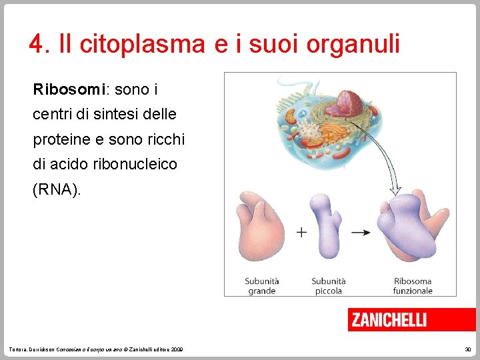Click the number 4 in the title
point(36,45)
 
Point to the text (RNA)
point(57,190)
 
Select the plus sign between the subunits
point(301,232)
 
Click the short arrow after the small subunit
point(361,232)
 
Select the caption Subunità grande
point(261,285)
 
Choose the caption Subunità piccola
point(329,285)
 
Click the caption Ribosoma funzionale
point(413,285)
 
